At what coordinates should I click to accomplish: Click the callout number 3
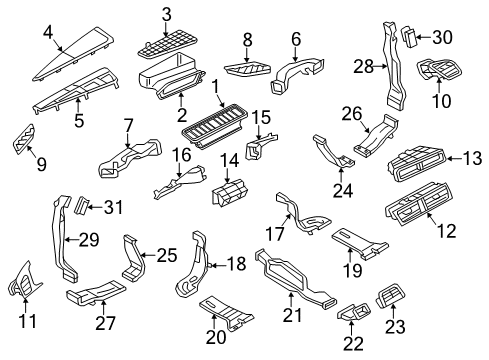pos(166,15)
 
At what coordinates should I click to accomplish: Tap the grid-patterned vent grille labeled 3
pos(167,46)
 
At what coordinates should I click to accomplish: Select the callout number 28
pos(363,67)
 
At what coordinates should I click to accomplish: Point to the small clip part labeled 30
pos(408,37)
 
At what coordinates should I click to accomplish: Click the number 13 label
pos(472,159)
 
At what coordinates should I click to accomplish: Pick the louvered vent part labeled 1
pos(214,127)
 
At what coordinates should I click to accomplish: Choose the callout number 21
pos(292,315)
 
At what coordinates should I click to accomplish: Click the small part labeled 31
pos(81,205)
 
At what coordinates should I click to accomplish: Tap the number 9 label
pos(41,165)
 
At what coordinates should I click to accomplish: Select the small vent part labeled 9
pos(24,139)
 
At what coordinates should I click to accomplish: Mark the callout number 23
pos(395,327)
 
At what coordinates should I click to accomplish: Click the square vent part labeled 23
pos(391,295)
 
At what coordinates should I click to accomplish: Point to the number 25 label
pos(167,255)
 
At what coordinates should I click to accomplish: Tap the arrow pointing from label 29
pos(72,239)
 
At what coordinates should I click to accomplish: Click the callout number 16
pos(182,155)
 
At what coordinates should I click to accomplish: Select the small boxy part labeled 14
pos(230,192)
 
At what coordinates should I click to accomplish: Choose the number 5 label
pos(79,120)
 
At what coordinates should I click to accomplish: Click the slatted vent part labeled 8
pos(247,68)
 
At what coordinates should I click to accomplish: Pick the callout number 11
pos(27,321)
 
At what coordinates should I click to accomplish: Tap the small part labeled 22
pos(354,311)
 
